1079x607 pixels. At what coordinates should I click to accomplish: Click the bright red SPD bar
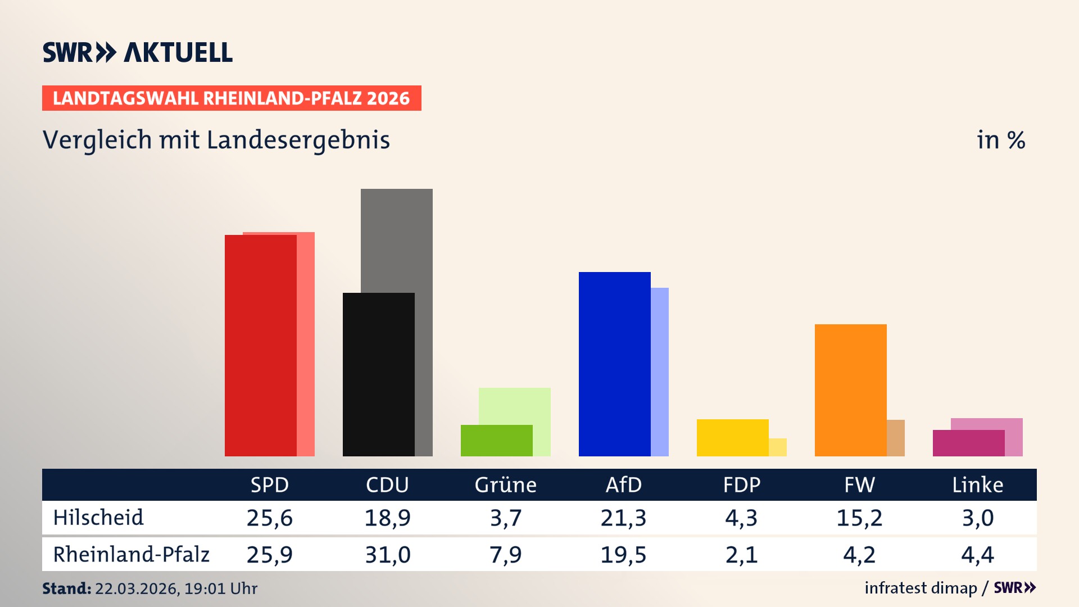[260, 346]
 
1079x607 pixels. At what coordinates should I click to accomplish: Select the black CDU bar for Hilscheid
[378, 374]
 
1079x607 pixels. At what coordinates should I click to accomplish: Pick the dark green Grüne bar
[496, 441]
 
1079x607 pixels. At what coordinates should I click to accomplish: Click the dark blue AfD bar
[614, 364]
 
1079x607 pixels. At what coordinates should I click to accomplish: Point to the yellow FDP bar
[732, 438]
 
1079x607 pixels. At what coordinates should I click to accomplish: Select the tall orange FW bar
[850, 390]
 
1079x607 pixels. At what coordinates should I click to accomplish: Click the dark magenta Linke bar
[968, 443]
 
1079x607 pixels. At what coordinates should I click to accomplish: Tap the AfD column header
[623, 485]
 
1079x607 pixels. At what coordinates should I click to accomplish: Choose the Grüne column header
[505, 485]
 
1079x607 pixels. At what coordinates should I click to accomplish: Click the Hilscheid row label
[98, 518]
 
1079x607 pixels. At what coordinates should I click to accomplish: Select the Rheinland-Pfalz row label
[131, 555]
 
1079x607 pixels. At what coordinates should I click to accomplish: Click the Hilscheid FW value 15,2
[859, 518]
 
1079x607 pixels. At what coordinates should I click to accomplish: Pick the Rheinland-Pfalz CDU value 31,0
[387, 555]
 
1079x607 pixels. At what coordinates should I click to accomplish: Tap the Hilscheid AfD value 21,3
[623, 518]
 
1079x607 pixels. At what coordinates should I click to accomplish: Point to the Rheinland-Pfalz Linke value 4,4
[977, 555]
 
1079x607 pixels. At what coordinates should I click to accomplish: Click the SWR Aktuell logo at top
[138, 52]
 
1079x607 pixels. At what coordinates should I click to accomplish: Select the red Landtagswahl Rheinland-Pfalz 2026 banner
[232, 98]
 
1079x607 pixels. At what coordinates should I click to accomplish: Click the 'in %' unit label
[1000, 141]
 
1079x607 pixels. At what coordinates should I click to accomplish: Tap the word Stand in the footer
[66, 588]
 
